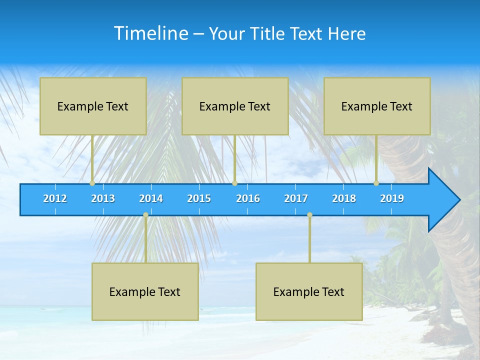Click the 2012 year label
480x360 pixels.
pos(55,198)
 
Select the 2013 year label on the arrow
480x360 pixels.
pos(103,198)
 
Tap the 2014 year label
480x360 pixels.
pos(151,198)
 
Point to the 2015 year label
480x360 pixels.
pos(199,198)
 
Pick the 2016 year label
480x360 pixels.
pos(248,198)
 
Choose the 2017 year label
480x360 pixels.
pos(296,198)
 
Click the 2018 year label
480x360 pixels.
pos(344,198)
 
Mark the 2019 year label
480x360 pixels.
pos(392,198)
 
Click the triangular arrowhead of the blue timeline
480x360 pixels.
pos(442,200)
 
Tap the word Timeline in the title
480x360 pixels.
pos(151,33)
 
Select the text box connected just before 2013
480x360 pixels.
pos(93,106)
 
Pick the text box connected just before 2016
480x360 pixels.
pos(235,106)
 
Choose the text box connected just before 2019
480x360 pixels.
pos(377,106)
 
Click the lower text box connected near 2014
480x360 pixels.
pos(145,291)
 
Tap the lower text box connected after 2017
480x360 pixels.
pos(309,291)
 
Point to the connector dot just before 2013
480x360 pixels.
pos(92,183)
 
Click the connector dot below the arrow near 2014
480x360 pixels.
pos(145,215)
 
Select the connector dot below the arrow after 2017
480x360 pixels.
pos(309,215)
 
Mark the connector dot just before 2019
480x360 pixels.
pos(376,183)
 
